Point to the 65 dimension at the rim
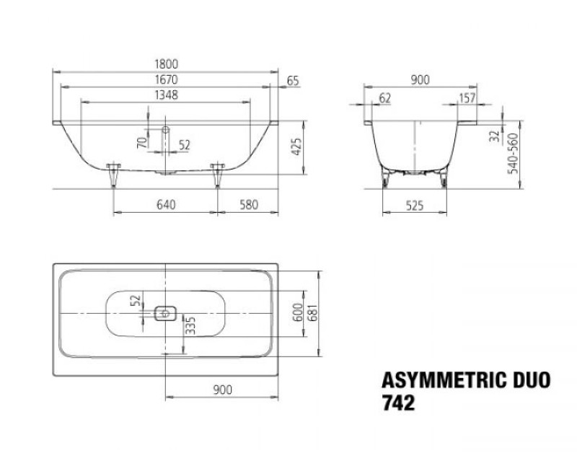coord(293,80)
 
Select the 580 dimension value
coord(249,205)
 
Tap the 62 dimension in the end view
coord(384,97)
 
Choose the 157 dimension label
coord(467,97)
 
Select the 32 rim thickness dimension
coord(493,136)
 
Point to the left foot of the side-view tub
coord(112,175)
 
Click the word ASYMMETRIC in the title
coord(438,378)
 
